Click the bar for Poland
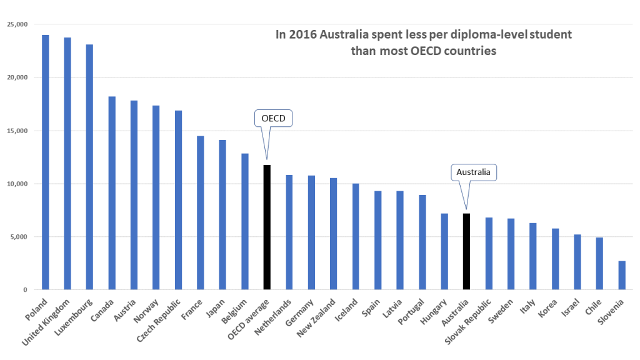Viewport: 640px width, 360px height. [46, 162]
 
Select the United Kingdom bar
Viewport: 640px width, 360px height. [67, 164]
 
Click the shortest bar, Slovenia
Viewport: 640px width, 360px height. [621, 276]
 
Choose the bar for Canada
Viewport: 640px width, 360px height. [112, 193]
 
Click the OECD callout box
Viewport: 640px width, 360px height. [272, 119]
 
